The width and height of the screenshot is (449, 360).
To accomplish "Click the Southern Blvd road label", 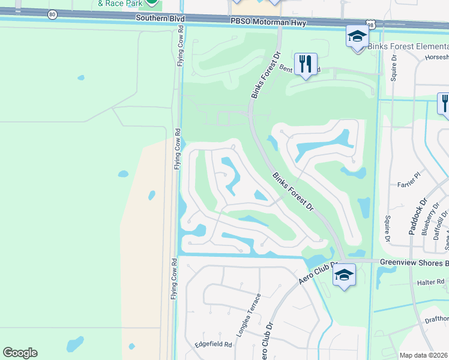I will tap(159, 19).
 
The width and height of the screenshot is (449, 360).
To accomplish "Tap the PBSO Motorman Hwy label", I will tap(268, 23).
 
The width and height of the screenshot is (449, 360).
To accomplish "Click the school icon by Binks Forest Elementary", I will tap(357, 37).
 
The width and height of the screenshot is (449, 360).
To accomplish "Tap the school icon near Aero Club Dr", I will tap(344, 275).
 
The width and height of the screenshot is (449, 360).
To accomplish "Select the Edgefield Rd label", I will tap(213, 344).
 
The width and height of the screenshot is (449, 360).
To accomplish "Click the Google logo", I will tap(20, 353).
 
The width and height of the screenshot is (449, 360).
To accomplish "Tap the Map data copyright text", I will tap(424, 355).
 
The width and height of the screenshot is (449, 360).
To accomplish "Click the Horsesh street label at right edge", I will tap(436, 58).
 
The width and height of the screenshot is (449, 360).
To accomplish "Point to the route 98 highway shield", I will tap(373, 23).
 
